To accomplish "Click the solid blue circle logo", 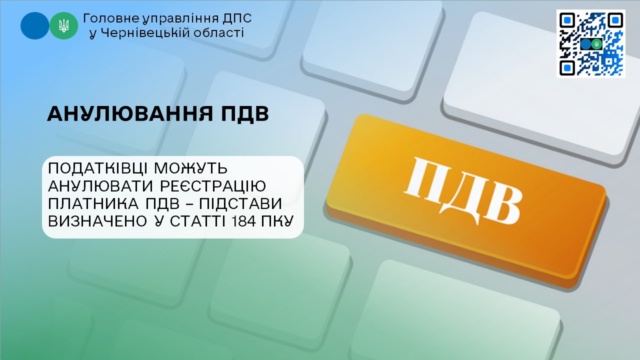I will (34, 25).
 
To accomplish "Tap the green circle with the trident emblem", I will (64, 25).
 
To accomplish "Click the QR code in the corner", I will (590, 43).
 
